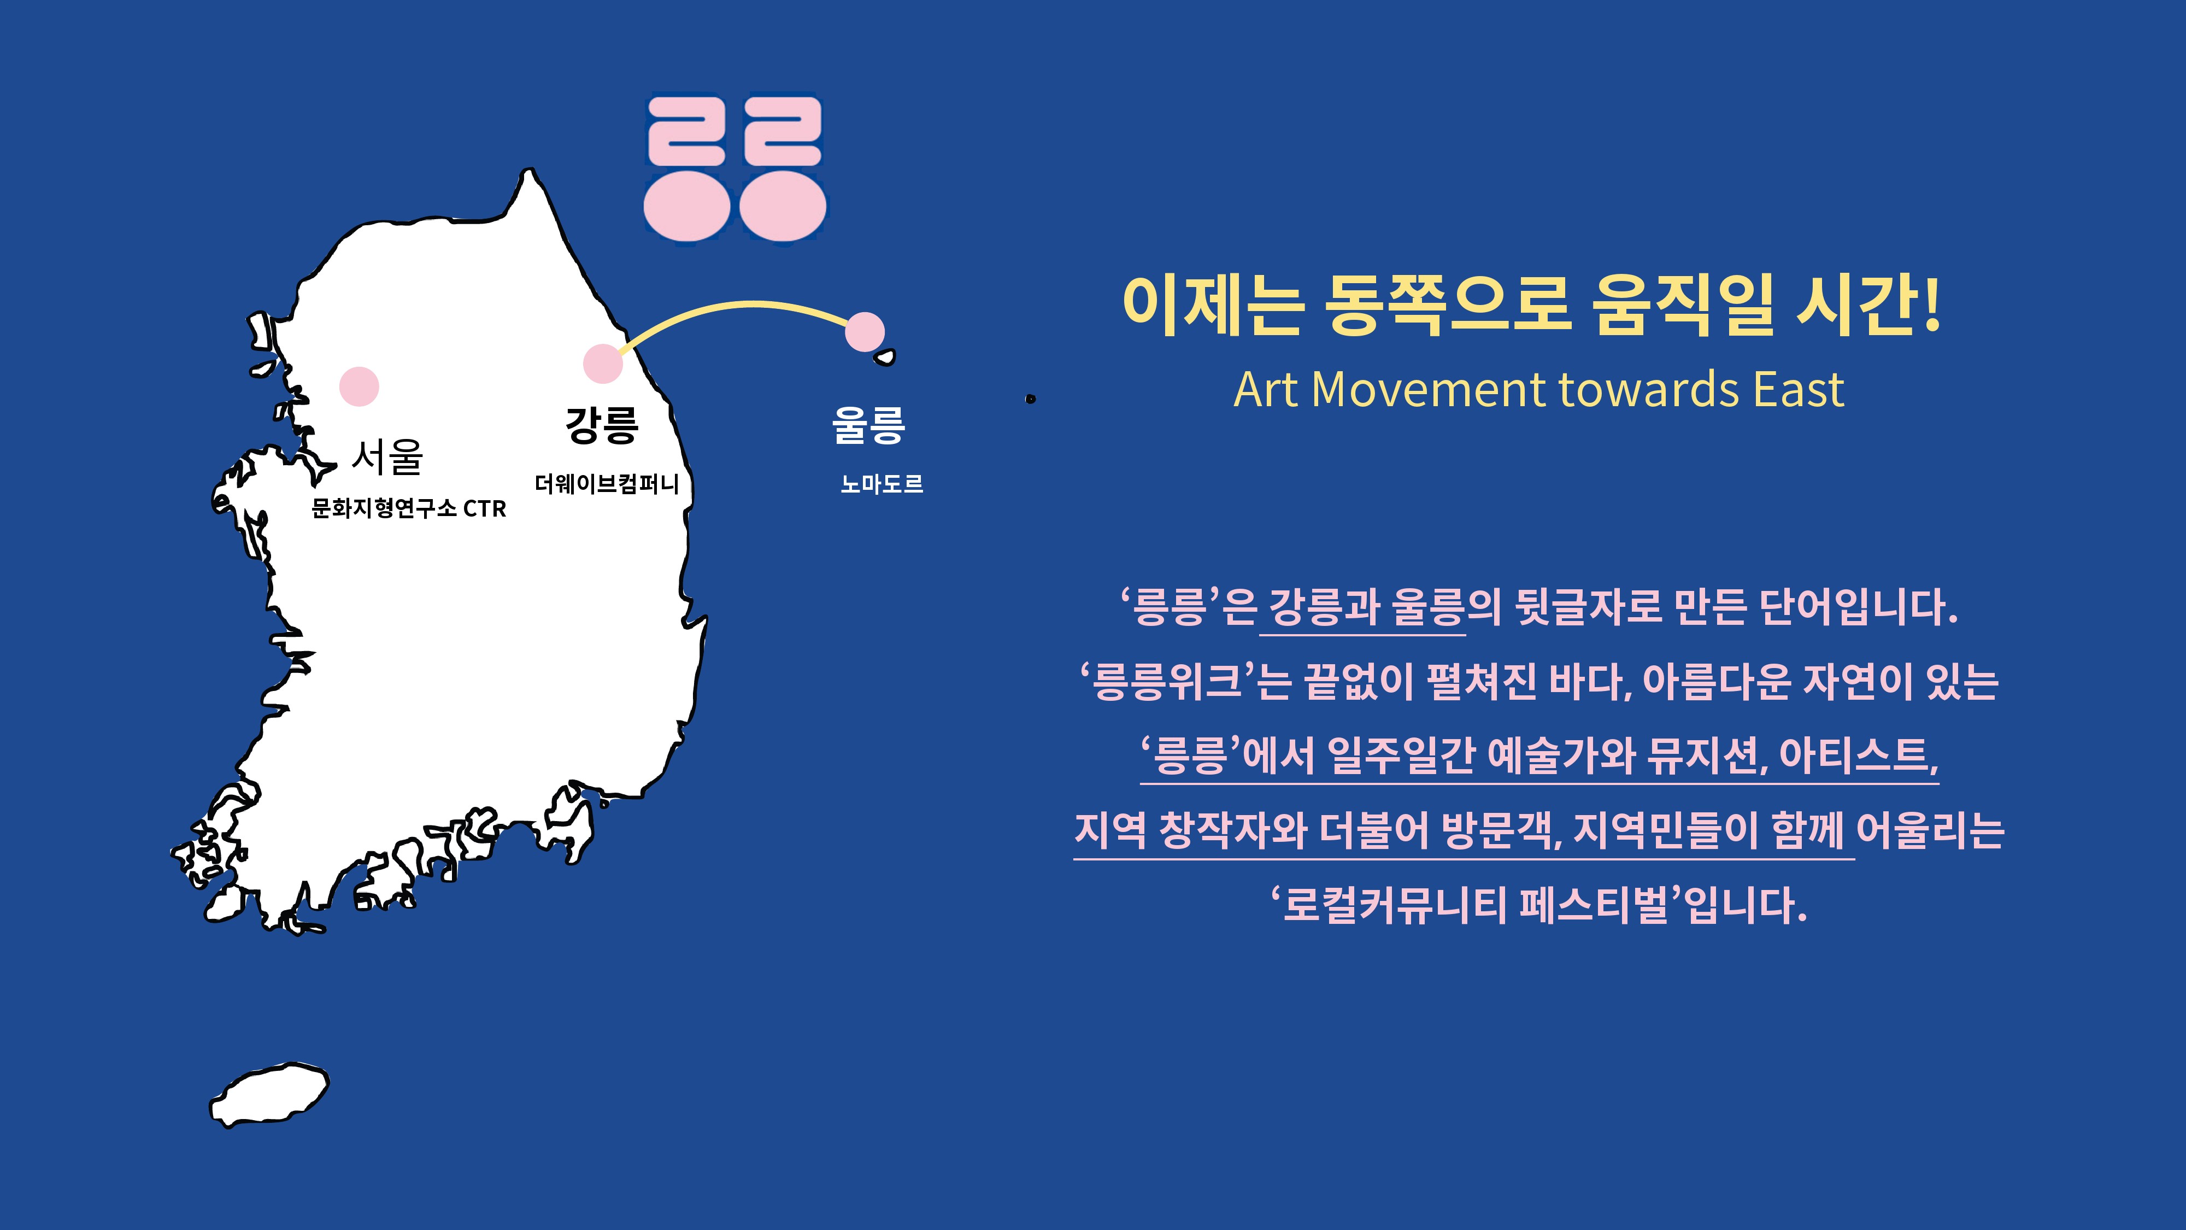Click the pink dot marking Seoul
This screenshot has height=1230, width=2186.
pos(359,386)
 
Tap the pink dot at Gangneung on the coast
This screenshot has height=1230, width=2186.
pos(602,364)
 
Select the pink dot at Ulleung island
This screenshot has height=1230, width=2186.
pos(865,332)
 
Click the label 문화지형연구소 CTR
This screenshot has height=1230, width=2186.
pos(409,508)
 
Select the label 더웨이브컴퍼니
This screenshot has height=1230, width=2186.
pos(607,484)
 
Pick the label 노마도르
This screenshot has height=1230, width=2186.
pos(882,484)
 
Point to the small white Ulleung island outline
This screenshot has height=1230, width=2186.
pos(885,358)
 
